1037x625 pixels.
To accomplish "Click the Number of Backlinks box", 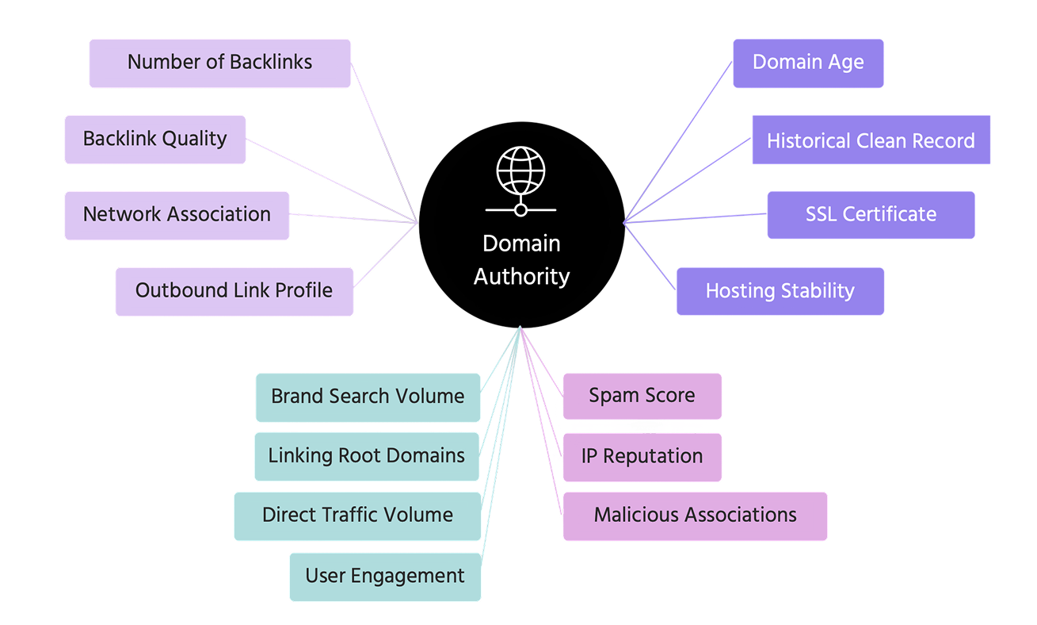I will (x=219, y=63).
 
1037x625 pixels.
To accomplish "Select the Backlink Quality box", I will (x=154, y=140).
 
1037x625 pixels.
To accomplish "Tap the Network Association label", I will (x=177, y=215).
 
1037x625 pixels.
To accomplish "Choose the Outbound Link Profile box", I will (x=234, y=291).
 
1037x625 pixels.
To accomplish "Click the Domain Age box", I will (x=808, y=63).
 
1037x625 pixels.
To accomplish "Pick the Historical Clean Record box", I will (x=871, y=141).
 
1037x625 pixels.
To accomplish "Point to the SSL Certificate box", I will (x=871, y=215).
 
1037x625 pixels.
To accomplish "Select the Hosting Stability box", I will (x=780, y=291).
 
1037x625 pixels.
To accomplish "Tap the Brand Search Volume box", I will (x=368, y=397).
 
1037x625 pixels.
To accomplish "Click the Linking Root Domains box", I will (x=366, y=456).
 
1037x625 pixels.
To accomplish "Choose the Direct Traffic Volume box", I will (x=357, y=516).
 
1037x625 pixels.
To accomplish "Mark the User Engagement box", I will (x=384, y=576).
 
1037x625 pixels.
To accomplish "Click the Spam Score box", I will (x=642, y=396).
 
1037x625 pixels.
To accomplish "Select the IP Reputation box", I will (x=642, y=457).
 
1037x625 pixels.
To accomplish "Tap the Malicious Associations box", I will (x=695, y=516).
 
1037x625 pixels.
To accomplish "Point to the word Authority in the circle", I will (x=521, y=277).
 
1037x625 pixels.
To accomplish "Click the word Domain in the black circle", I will (x=521, y=243).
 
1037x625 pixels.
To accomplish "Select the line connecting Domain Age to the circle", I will (x=679, y=141).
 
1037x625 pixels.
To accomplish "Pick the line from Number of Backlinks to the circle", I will (x=385, y=143).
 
